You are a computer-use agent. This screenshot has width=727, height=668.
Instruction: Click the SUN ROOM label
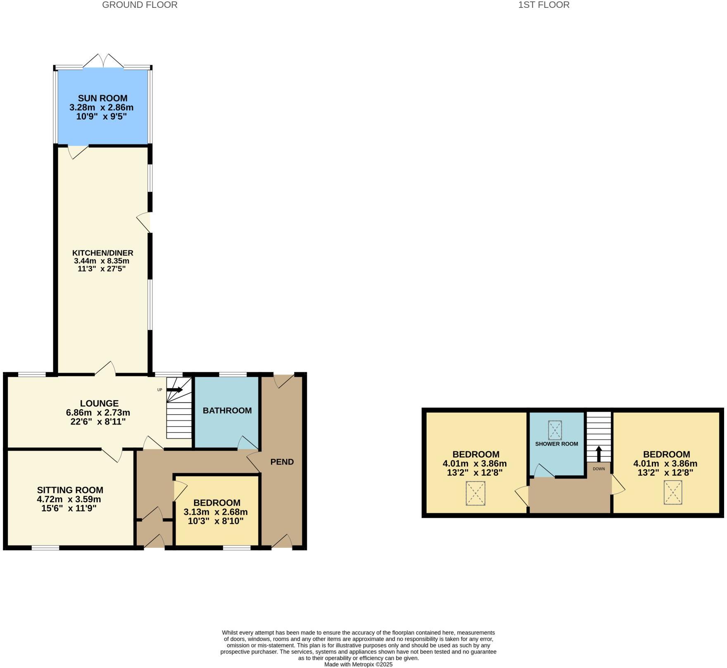(102, 98)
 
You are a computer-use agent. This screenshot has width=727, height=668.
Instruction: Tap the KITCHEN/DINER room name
(102, 253)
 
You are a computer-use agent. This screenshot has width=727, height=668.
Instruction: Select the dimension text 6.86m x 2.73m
(98, 413)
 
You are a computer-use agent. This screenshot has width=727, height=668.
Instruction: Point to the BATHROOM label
(227, 411)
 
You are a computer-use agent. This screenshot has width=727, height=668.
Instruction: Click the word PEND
(282, 462)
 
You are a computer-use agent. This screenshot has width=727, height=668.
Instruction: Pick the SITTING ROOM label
(70, 490)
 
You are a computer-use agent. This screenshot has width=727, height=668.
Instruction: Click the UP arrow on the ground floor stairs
(175, 389)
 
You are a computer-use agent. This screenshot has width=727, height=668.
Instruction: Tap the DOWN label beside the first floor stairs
(599, 469)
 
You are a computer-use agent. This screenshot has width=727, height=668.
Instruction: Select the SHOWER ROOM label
(556, 444)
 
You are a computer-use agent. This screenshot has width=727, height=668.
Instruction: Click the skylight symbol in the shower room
(555, 430)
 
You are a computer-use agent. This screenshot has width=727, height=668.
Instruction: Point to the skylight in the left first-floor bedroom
(475, 493)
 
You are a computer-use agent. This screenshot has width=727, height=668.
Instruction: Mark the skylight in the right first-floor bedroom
(673, 492)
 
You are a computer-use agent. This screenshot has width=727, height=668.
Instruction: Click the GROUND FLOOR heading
(140, 5)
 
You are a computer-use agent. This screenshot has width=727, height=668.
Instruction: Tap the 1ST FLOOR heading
(544, 5)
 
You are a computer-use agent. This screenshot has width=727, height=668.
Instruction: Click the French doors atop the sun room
(103, 61)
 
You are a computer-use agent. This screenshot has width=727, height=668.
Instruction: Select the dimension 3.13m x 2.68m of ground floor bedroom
(216, 512)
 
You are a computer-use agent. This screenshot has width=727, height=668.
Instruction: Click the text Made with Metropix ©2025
(358, 664)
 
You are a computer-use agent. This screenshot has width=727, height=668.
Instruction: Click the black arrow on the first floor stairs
(599, 453)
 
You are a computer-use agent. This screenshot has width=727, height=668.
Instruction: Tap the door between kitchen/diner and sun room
(78, 151)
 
